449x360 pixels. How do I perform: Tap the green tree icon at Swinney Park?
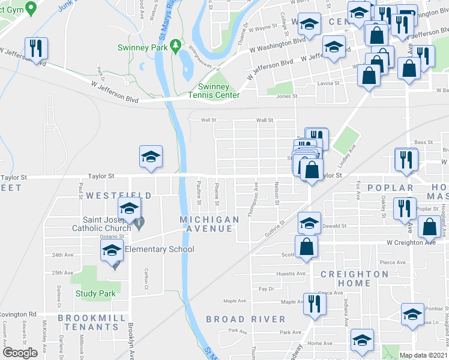point(175,45)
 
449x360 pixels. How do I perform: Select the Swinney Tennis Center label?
point(214,91)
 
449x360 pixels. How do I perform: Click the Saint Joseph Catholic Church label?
point(101,224)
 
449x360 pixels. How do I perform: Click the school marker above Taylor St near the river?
point(150,157)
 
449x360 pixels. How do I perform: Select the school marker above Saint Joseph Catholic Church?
point(129,209)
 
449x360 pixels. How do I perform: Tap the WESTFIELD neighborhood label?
point(119,196)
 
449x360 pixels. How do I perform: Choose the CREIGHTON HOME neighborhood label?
point(354,278)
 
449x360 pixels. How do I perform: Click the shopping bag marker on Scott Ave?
point(306,247)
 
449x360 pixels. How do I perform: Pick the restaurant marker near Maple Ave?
point(314,305)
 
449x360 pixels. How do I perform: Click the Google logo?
point(20,353)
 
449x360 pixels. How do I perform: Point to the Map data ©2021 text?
point(423,355)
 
